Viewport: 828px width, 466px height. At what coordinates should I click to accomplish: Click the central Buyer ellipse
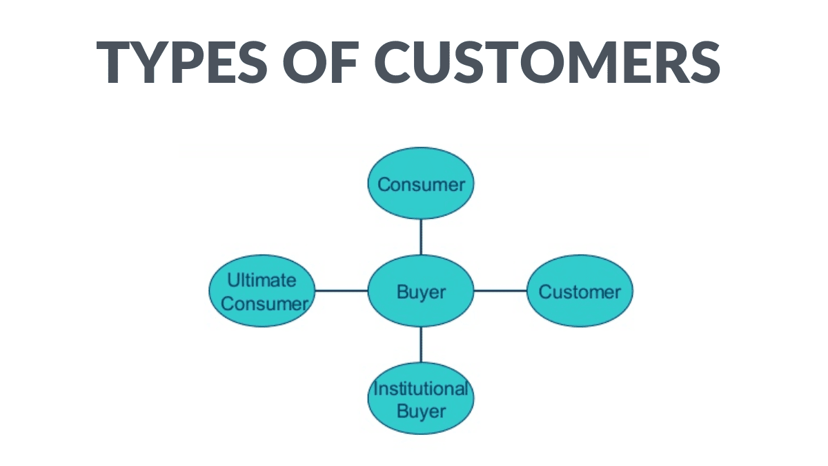click(x=421, y=291)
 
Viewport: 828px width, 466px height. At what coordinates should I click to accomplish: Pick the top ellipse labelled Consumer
click(x=421, y=184)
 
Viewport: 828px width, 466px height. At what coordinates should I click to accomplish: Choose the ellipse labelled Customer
click(x=580, y=291)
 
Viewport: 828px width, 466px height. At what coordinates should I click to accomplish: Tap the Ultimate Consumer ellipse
click(x=262, y=291)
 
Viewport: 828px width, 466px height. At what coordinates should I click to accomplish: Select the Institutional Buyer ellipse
click(x=421, y=398)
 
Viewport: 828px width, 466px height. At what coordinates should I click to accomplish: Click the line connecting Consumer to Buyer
click(x=421, y=236)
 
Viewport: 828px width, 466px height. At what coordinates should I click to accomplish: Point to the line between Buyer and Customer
click(x=500, y=291)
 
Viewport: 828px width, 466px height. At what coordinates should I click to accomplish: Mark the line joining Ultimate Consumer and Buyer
click(x=342, y=291)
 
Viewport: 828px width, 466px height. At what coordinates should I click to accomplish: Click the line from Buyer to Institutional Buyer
click(x=421, y=344)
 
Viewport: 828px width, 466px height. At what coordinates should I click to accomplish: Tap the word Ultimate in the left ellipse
click(x=262, y=280)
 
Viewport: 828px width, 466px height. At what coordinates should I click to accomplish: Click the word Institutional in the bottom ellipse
click(x=421, y=388)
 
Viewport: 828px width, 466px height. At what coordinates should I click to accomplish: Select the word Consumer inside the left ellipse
click(x=265, y=303)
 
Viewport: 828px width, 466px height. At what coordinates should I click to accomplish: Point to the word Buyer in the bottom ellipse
click(x=421, y=411)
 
